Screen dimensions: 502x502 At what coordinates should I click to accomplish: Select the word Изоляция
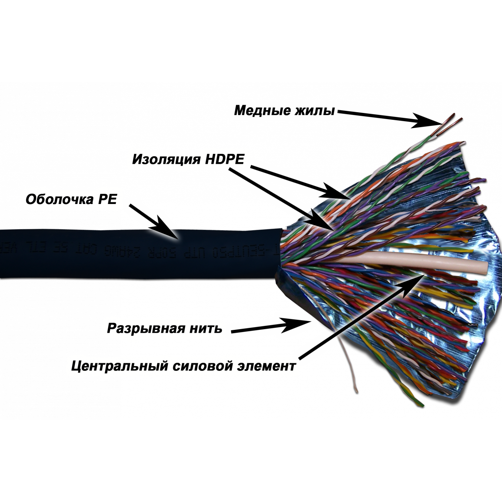(165, 159)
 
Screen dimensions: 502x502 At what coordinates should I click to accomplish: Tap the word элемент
(266, 366)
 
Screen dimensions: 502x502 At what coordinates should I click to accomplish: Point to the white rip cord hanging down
(350, 366)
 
